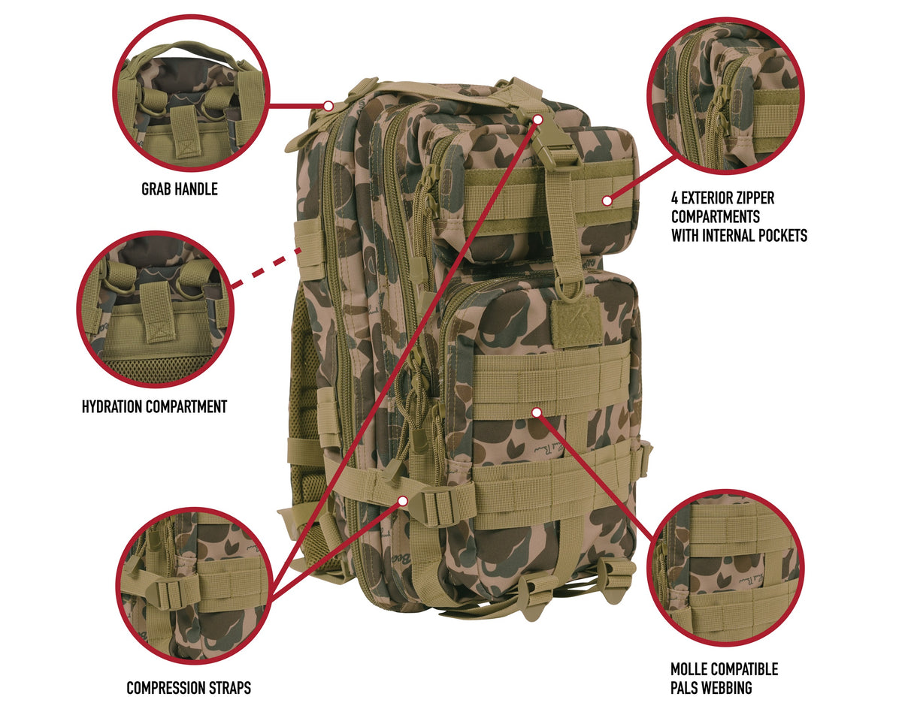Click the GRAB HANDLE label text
[180, 189]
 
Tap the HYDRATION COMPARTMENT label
[154, 407]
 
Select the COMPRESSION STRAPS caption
[189, 687]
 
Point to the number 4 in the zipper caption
[675, 198]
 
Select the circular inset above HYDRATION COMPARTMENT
[156, 309]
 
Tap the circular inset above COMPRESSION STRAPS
[195, 585]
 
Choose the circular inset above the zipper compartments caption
[725, 97]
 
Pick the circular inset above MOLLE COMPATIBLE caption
[725, 568]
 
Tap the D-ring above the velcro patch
[569, 291]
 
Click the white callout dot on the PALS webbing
[536, 412]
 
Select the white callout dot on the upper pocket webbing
[607, 200]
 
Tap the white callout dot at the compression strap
[402, 499]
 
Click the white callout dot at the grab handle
[328, 105]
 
